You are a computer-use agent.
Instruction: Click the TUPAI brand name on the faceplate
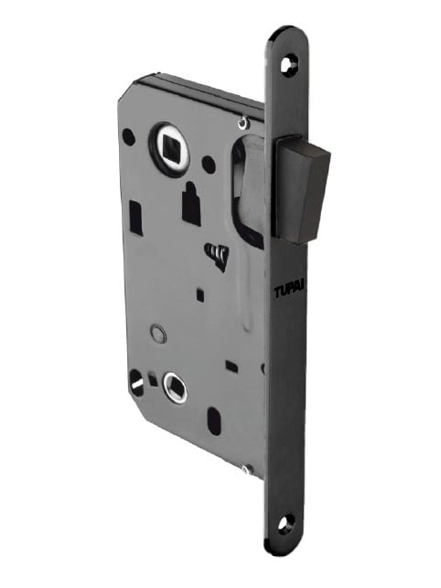coord(290,292)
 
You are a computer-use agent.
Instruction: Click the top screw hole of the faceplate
coord(292,64)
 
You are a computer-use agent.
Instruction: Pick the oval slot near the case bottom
coord(214,422)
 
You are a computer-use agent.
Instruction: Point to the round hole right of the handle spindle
coord(209,166)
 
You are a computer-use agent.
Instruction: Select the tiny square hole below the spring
coord(200,294)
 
